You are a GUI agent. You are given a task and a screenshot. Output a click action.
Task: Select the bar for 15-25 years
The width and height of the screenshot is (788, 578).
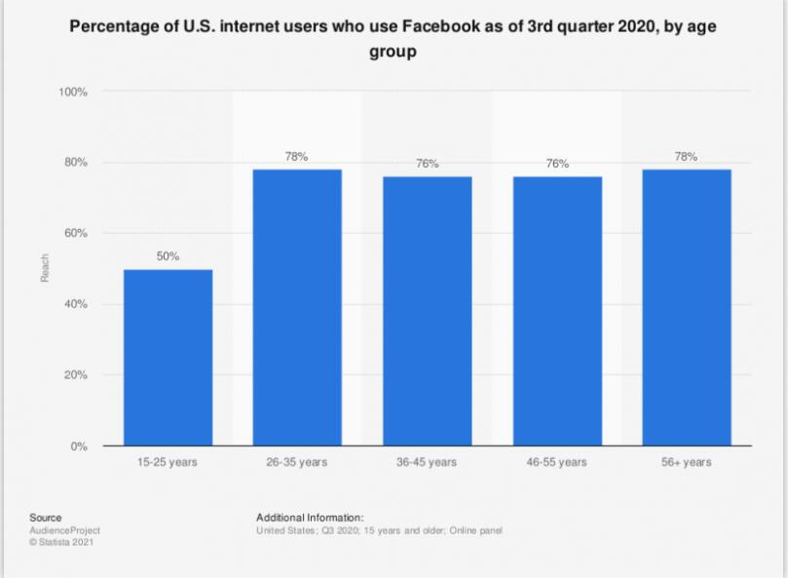168,358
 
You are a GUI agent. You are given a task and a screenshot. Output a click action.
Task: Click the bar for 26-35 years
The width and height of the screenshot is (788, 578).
297,308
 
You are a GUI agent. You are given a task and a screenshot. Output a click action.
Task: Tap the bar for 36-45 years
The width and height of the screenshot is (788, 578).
427,311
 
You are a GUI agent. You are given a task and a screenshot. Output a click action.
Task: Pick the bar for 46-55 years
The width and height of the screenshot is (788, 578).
557,311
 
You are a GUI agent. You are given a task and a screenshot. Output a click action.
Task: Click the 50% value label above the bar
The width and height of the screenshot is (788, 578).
168,255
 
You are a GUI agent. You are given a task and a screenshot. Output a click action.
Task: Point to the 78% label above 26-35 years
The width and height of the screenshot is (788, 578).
297,156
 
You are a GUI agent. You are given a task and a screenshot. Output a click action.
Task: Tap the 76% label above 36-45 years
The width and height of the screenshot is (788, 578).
427,164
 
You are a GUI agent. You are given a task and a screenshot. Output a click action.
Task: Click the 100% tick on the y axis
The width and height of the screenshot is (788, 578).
73,93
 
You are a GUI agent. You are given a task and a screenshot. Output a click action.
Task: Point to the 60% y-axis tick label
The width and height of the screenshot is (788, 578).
76,234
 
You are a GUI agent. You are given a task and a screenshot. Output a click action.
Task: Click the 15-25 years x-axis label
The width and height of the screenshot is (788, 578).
168,462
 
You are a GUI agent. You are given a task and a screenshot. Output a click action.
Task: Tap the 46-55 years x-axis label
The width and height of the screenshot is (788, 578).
557,462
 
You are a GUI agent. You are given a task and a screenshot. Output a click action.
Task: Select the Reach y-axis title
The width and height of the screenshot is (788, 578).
45,269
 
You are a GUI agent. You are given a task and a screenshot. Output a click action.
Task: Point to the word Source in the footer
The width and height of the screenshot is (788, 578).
46,518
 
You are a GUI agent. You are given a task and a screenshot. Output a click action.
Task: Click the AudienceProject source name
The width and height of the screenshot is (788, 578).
65,530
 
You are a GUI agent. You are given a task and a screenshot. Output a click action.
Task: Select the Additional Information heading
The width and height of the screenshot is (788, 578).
310,518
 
